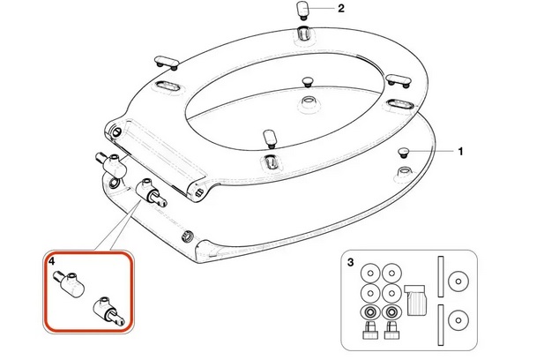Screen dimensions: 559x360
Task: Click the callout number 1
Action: [x=460, y=152]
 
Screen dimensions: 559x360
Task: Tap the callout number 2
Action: [x=341, y=8]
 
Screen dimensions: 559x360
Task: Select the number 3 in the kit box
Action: [x=350, y=262]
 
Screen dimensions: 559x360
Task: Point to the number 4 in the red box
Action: [x=52, y=261]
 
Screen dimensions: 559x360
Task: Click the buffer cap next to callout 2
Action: [x=303, y=11]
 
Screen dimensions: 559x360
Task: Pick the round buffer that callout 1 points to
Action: [x=403, y=153]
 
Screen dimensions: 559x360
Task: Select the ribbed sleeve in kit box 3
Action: [x=416, y=300]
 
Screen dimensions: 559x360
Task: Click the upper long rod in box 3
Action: [x=441, y=276]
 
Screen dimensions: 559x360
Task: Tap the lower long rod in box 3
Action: [x=441, y=325]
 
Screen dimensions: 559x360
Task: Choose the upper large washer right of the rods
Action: [x=458, y=281]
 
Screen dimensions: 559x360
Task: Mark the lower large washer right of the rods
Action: [x=458, y=320]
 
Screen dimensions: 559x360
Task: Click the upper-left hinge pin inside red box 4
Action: [x=69, y=284]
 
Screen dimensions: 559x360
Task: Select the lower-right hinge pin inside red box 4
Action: [x=109, y=311]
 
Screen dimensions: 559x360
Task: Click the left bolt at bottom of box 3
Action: [x=370, y=331]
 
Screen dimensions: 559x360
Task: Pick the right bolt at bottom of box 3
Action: [x=391, y=331]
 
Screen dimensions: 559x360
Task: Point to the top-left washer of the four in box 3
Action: [x=371, y=274]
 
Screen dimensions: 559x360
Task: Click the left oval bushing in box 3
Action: [x=371, y=312]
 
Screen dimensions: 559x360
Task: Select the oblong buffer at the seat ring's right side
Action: [x=399, y=80]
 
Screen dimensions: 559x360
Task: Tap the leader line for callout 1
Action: [x=432, y=151]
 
